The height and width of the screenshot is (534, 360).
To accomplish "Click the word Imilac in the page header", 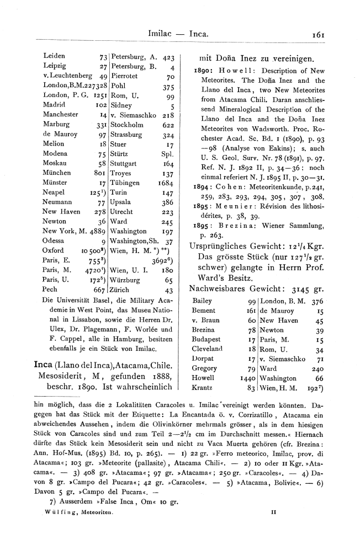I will click(x=161, y=34).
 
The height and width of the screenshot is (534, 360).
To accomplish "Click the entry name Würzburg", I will click(x=126, y=280).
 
